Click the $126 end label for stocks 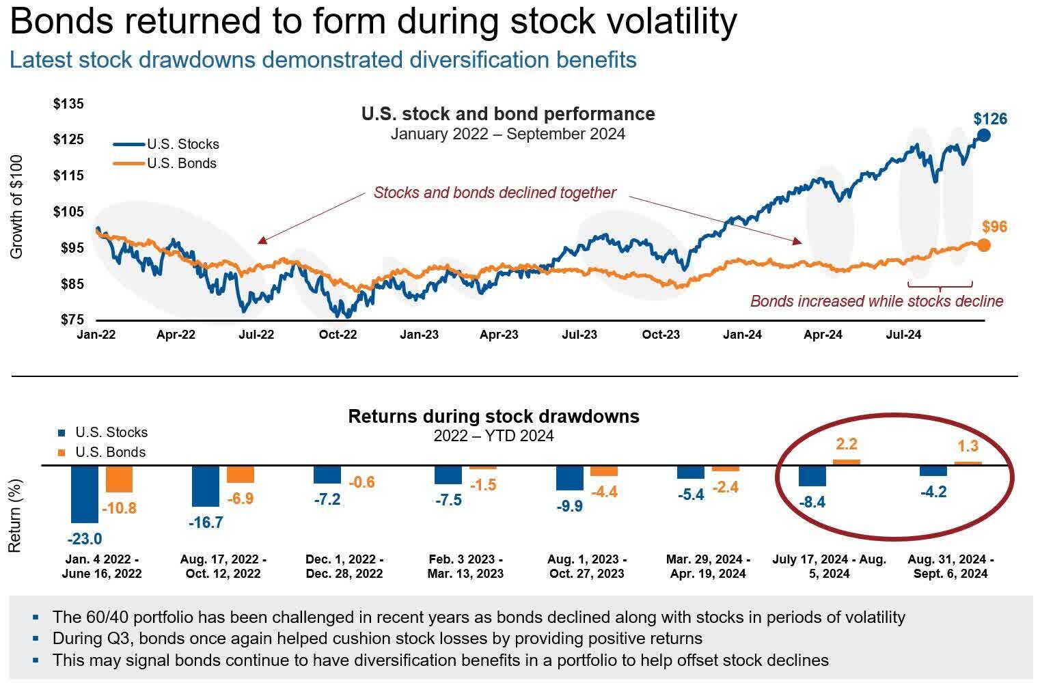click(990, 119)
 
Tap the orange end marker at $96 click(983, 245)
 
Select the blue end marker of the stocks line click(983, 135)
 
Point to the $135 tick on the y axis click(68, 104)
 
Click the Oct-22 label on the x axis click(338, 335)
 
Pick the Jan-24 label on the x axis click(743, 335)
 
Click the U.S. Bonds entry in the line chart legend click(182, 163)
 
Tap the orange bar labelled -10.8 click(119, 479)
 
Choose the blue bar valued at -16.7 click(206, 486)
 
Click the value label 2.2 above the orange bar click(847, 444)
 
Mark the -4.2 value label click(933, 492)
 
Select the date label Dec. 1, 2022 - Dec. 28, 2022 click(344, 566)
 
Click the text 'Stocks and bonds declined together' click(495, 193)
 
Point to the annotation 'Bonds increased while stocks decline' click(877, 301)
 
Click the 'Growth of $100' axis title click(17, 207)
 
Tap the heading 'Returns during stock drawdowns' click(493, 416)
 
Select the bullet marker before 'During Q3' click(36, 639)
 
